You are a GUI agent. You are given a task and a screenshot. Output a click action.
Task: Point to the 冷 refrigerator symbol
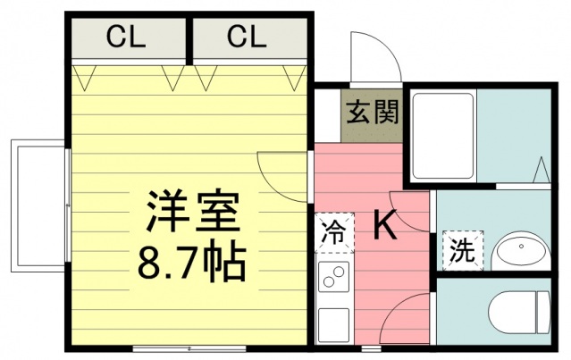click(332, 235)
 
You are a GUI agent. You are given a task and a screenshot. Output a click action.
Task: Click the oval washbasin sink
click(519, 252)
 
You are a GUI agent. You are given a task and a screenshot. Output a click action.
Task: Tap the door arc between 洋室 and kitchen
click(283, 174)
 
